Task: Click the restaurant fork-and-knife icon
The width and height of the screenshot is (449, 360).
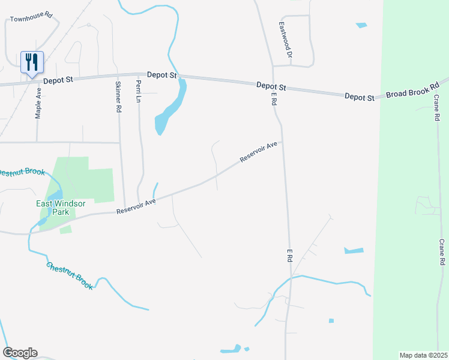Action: tap(32, 62)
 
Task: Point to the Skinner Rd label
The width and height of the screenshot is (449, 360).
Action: tap(118, 97)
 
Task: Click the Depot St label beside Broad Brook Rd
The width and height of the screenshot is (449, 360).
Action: tap(360, 97)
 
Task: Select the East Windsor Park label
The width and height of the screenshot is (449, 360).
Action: tap(61, 208)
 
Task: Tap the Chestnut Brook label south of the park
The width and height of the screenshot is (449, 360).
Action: tap(70, 277)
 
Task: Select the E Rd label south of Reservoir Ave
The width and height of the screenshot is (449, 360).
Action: tap(289, 255)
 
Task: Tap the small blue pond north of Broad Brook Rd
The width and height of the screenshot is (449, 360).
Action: tap(361, 25)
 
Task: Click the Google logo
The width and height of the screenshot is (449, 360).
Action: tap(20, 353)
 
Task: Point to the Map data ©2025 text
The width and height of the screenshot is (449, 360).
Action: tap(423, 355)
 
